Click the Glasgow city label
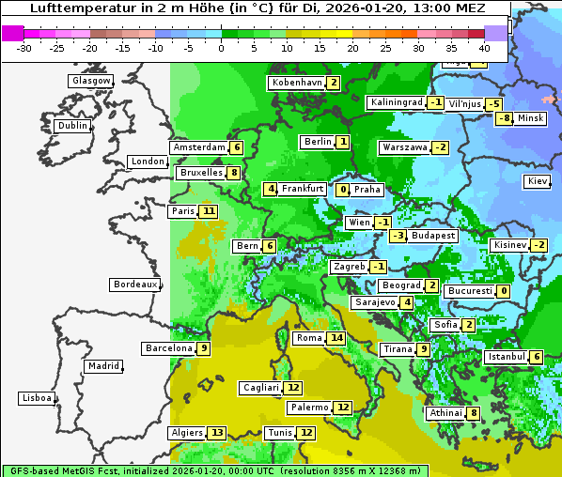90,81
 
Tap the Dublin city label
71,126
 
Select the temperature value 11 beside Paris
208,211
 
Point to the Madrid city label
102,366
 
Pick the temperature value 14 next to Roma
336,338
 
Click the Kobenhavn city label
296,83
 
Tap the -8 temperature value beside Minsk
505,118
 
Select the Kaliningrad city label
396,102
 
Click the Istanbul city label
507,357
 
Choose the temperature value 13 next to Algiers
217,433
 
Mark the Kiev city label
538,181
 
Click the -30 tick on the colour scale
25,47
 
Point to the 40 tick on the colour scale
484,47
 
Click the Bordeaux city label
134,285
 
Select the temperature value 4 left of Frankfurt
271,189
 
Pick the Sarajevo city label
374,302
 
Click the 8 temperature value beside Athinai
474,413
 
